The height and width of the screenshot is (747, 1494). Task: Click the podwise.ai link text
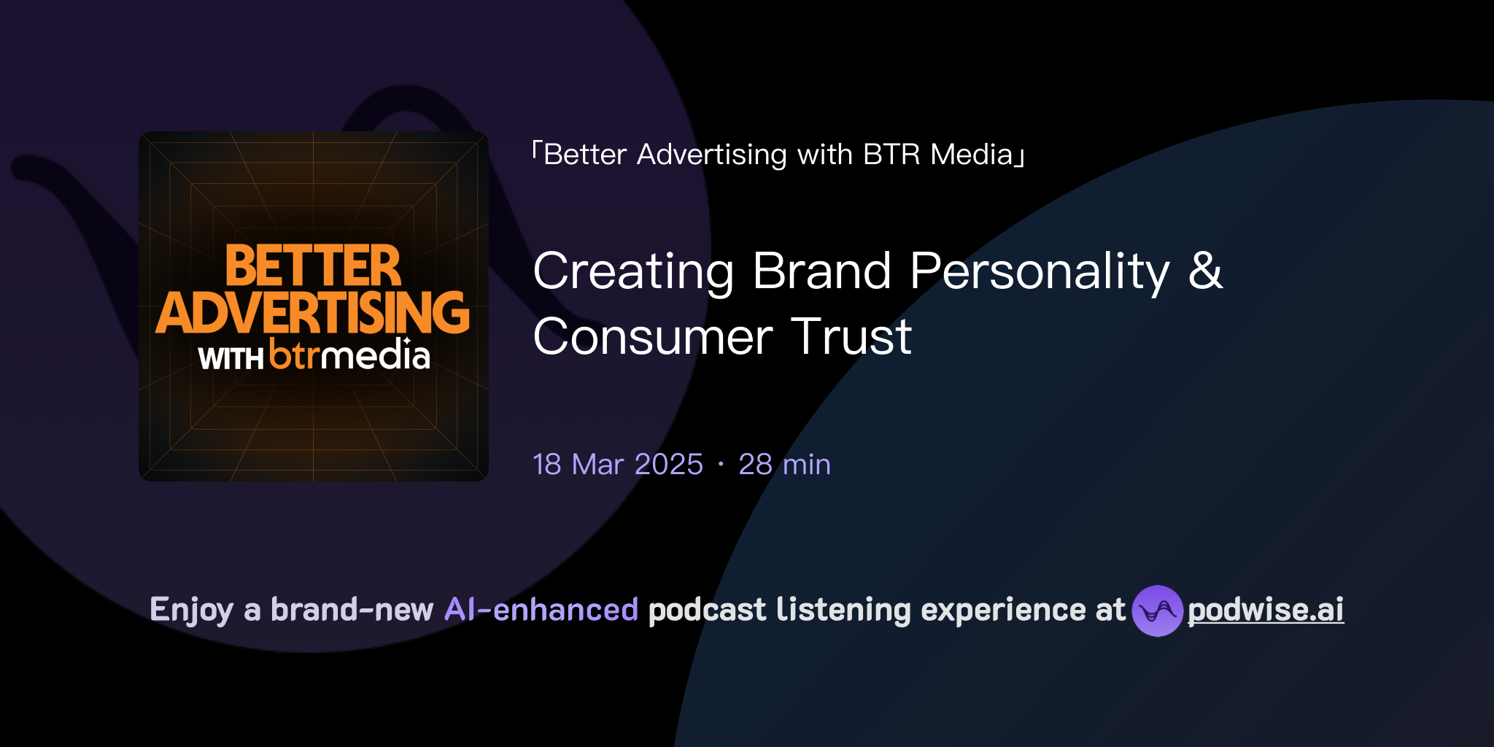[1266, 610]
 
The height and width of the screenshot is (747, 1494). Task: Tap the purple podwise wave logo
[1157, 611]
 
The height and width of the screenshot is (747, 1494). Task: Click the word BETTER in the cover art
[313, 266]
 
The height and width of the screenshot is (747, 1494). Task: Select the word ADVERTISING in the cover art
[313, 312]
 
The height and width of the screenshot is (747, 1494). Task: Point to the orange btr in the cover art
[295, 355]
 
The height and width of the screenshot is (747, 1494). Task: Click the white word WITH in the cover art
[231, 359]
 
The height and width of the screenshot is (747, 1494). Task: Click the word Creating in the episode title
[633, 271]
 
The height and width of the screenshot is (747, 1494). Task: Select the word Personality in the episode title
[1040, 271]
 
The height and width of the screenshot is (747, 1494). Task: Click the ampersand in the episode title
[1205, 270]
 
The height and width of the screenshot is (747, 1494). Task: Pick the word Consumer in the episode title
[652, 337]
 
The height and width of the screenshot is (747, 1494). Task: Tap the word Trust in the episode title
[851, 337]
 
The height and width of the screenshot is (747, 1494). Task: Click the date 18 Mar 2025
[618, 465]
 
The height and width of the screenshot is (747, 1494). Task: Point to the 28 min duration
[784, 465]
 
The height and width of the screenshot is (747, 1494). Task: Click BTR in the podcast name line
[891, 155]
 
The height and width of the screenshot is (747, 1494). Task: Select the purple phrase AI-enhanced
[541, 610]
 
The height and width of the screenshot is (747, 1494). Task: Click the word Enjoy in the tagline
[191, 610]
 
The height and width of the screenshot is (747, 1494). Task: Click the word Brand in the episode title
[821, 271]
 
